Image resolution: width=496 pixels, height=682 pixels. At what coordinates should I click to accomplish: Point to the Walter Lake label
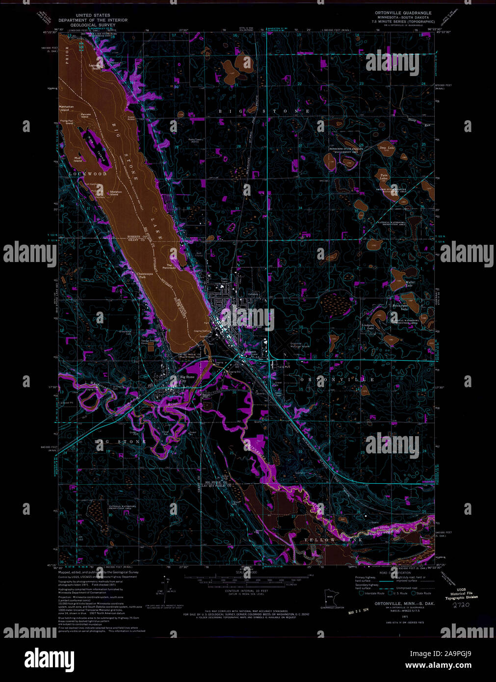coord(410,283)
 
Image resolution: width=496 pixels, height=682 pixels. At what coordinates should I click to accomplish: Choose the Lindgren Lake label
coord(368,326)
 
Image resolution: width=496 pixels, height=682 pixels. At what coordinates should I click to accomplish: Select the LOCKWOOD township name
coord(88,174)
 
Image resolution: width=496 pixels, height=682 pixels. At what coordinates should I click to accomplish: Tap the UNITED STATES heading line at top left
coord(93,16)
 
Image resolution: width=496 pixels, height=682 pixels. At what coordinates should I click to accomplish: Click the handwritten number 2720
coord(462,605)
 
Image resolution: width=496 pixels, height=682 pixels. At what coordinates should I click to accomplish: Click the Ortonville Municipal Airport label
coord(296,344)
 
